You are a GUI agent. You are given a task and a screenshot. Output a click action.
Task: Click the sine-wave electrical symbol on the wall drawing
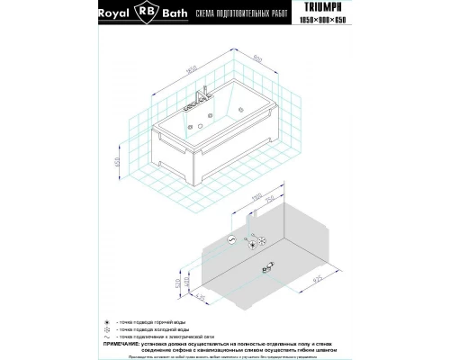[x=232, y=240]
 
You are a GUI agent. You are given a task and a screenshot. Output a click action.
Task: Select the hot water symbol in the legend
[x=110, y=319]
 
